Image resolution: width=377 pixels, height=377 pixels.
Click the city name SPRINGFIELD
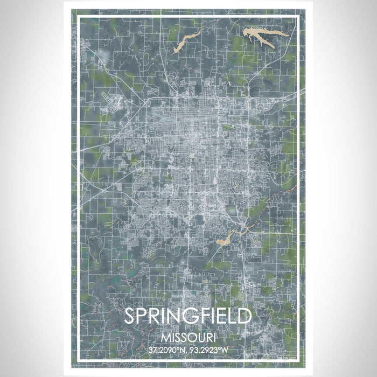click(188, 317)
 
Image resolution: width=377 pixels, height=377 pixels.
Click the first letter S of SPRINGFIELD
click(131, 317)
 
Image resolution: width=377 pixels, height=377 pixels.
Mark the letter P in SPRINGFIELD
click(145, 317)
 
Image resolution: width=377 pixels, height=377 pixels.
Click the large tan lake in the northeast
click(263, 37)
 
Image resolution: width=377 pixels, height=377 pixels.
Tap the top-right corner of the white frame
click(297, 17)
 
